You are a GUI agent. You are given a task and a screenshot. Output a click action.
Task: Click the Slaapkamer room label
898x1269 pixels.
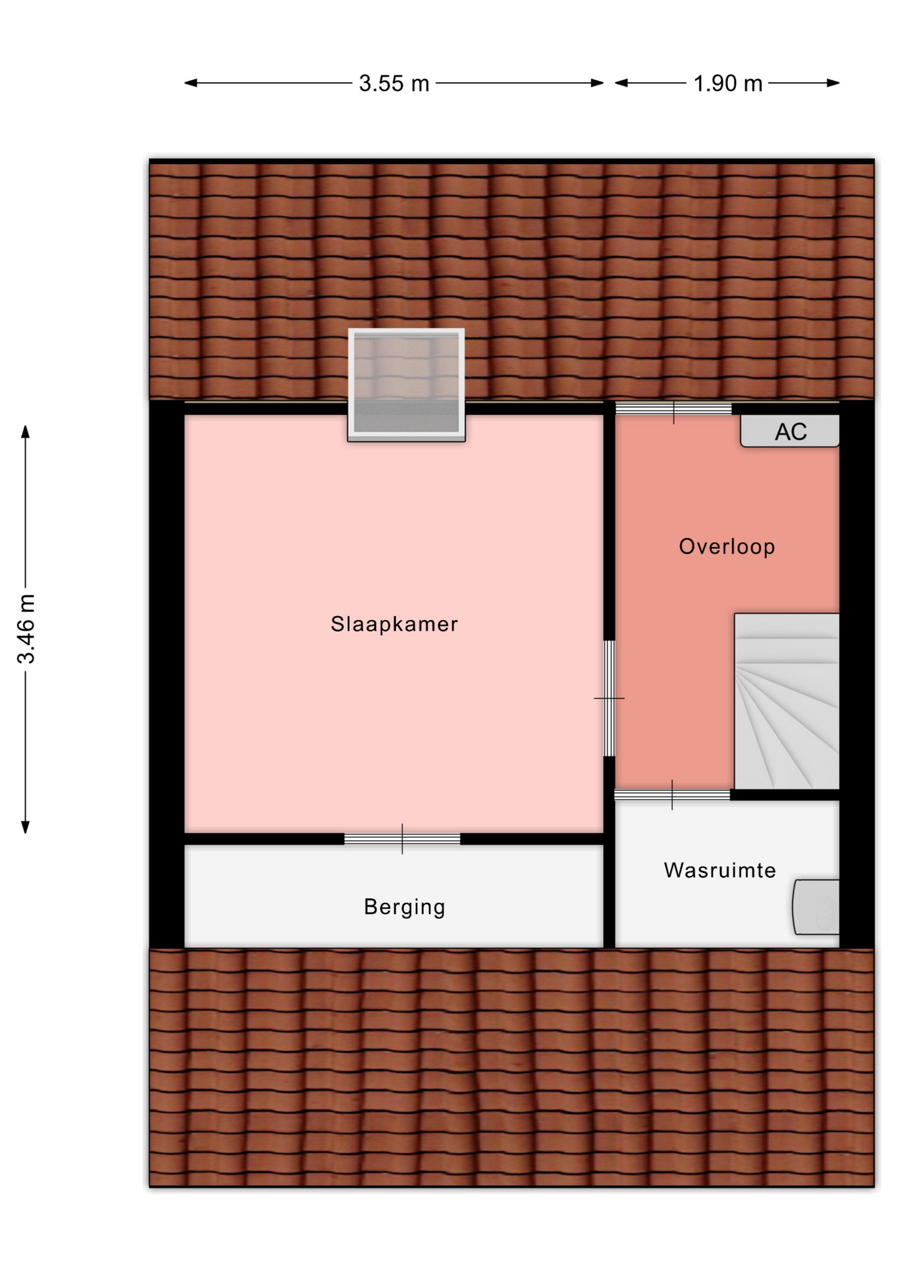coord(394,624)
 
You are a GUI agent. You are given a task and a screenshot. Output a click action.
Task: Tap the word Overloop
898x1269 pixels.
coord(727,547)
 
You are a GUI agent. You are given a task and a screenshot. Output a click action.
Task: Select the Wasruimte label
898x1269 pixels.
coord(719,870)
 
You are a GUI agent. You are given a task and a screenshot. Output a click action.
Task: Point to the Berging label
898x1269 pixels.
coord(404,907)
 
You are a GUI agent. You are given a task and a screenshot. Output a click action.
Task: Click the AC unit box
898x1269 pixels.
coord(790,431)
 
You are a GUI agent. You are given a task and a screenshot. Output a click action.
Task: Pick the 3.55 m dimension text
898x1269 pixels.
coord(394,83)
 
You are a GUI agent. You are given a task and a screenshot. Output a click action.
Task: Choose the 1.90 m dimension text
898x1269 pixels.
coord(727,83)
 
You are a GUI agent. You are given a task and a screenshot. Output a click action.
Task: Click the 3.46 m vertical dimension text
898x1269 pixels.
coord(26,629)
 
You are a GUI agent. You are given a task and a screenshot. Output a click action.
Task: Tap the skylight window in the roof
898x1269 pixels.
coord(407,385)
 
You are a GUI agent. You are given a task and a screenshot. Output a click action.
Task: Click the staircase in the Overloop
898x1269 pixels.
coord(786,701)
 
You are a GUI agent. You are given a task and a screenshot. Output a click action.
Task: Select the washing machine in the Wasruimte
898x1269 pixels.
coord(816,907)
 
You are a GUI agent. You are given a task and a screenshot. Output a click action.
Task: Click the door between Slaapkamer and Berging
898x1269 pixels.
coord(402,839)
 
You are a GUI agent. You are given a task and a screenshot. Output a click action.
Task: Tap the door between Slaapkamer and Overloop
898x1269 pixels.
coord(609,698)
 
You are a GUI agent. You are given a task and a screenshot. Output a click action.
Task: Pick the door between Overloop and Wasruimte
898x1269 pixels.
coord(673,795)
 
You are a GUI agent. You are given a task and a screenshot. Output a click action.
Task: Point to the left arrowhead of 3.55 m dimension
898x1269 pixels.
coord(190,83)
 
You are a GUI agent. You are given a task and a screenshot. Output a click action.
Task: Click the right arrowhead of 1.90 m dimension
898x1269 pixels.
coord(833,83)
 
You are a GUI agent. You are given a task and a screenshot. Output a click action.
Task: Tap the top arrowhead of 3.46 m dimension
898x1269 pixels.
coord(26,432)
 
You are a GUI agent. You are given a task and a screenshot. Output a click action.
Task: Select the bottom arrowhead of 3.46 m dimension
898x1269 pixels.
coord(26,827)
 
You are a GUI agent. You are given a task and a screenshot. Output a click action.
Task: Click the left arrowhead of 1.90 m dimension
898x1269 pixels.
coord(622,83)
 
